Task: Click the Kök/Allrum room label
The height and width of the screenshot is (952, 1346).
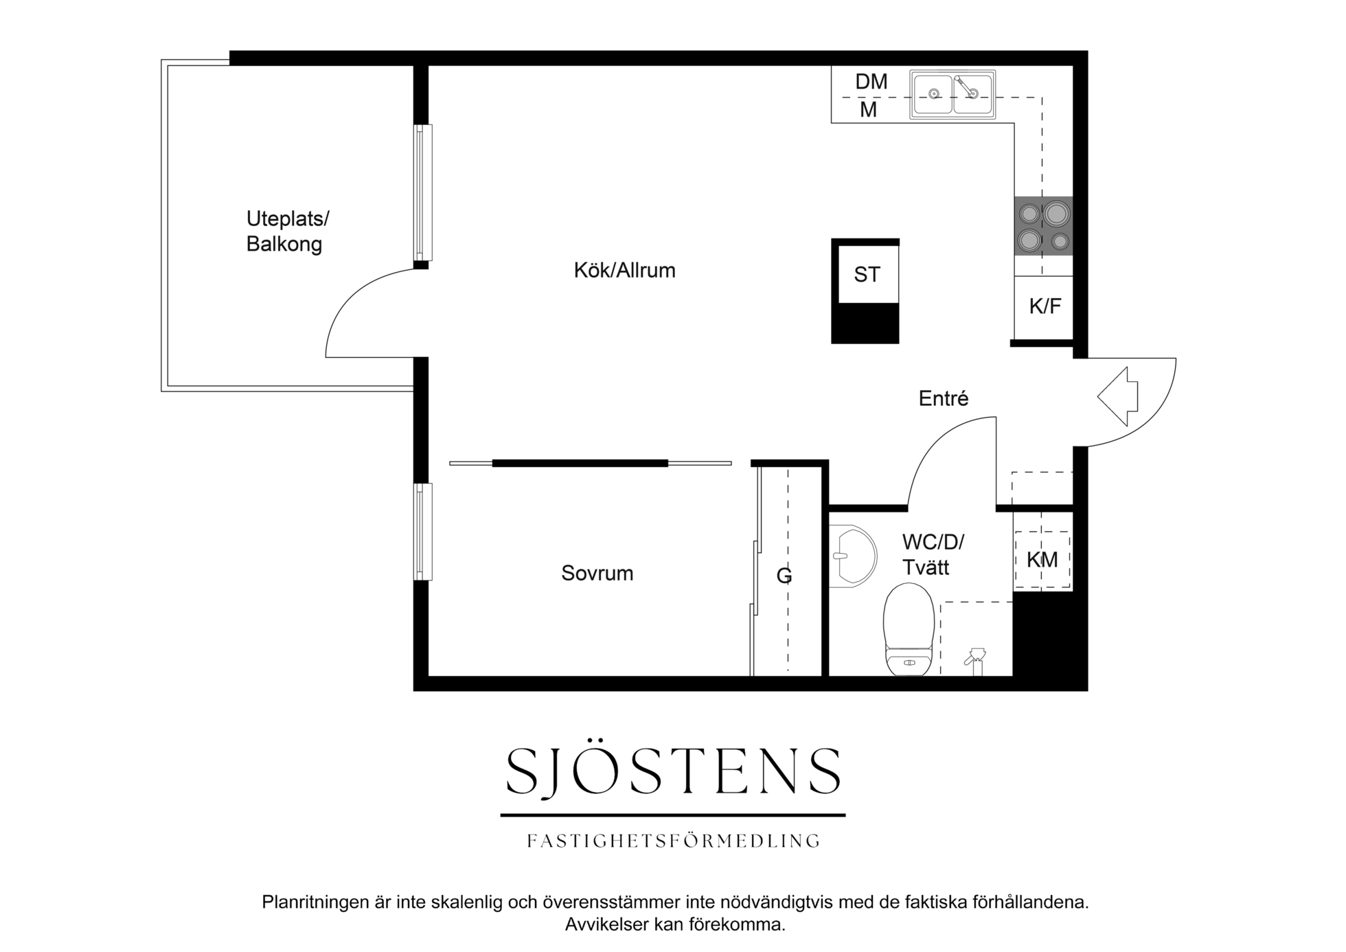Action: pyautogui.click(x=624, y=271)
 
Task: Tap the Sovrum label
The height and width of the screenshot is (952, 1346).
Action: pyautogui.click(x=597, y=573)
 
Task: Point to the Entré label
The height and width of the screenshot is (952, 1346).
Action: pyautogui.click(x=944, y=398)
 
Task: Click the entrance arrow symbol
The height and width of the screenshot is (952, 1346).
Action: pyautogui.click(x=1118, y=396)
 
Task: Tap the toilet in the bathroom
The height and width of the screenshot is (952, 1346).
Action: pyautogui.click(x=909, y=629)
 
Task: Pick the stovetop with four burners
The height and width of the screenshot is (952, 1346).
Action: pyautogui.click(x=1043, y=226)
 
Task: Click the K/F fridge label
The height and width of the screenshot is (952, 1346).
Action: pyautogui.click(x=1045, y=306)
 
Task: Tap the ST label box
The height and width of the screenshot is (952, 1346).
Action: pyautogui.click(x=866, y=275)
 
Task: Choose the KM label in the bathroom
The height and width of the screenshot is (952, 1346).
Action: pyautogui.click(x=1042, y=560)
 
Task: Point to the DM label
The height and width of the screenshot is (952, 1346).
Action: pyautogui.click(x=871, y=82)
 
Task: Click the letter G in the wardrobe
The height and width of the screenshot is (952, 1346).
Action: pyautogui.click(x=784, y=576)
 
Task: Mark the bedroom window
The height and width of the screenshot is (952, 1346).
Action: pyautogui.click(x=423, y=532)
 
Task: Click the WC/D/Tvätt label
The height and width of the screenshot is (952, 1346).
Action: pyautogui.click(x=933, y=555)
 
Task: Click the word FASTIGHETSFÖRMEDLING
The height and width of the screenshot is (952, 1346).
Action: pyautogui.click(x=673, y=841)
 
